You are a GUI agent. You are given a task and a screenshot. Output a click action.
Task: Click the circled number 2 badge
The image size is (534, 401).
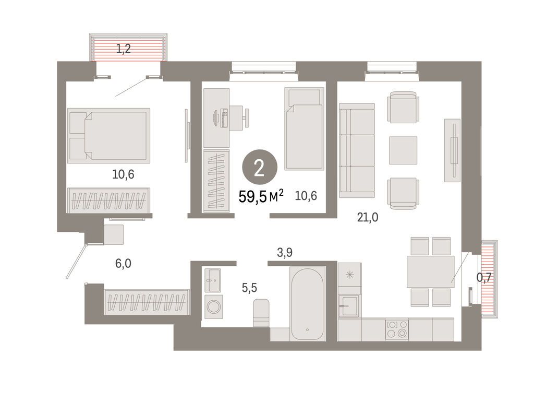[x=259, y=168]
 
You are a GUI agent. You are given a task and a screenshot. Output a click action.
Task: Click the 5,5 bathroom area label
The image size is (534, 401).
[x=249, y=287]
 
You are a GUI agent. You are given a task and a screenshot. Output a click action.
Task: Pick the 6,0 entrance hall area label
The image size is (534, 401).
[x=123, y=264]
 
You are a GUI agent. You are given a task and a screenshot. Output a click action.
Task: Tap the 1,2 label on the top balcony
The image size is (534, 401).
[x=123, y=50]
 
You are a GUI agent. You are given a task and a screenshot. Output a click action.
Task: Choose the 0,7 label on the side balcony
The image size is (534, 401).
[x=485, y=278]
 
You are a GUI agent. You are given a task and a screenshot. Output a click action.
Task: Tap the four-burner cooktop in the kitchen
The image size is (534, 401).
[x=396, y=329]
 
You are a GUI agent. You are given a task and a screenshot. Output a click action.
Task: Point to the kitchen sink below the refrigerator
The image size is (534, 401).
[x=348, y=305]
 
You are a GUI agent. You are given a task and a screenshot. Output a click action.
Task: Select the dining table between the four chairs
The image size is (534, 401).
[x=430, y=272]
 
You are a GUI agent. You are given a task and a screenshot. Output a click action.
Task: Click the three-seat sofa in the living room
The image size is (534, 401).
[x=357, y=150]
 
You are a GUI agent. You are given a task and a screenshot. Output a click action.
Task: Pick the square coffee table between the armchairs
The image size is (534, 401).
[x=403, y=150]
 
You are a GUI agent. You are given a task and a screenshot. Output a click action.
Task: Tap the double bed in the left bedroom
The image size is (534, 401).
[x=109, y=134]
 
